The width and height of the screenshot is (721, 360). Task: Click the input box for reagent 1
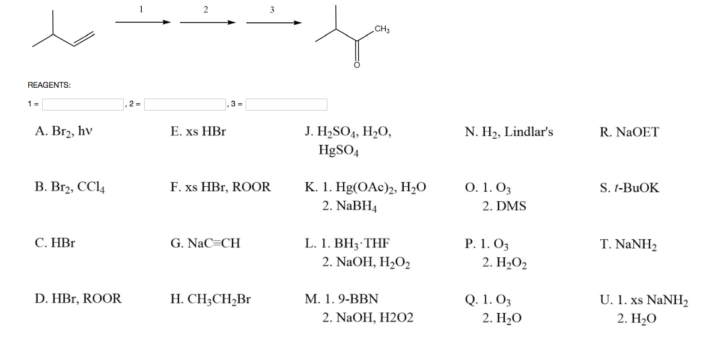pos(82,105)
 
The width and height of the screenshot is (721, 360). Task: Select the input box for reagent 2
pos(184,105)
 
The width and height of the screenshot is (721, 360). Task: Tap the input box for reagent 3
pos(287,105)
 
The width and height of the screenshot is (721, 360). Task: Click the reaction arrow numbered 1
pos(142,22)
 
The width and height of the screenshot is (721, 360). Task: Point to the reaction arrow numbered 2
pos(207,23)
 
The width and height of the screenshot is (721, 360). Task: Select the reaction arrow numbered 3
pos(273,23)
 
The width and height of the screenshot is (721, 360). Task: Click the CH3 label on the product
pos(382,29)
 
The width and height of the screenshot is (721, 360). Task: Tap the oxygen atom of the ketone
pos(356,64)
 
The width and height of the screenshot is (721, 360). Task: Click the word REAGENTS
pos(49,85)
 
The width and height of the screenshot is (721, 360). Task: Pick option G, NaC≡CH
pos(205,243)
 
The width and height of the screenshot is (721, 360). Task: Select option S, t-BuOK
pos(629,188)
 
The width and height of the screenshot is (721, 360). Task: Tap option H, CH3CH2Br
pos(210,299)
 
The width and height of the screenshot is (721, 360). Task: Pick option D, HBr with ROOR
pos(78,299)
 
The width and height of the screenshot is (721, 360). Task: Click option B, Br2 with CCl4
pos(71,188)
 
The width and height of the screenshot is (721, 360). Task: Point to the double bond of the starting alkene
pos(84,38)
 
